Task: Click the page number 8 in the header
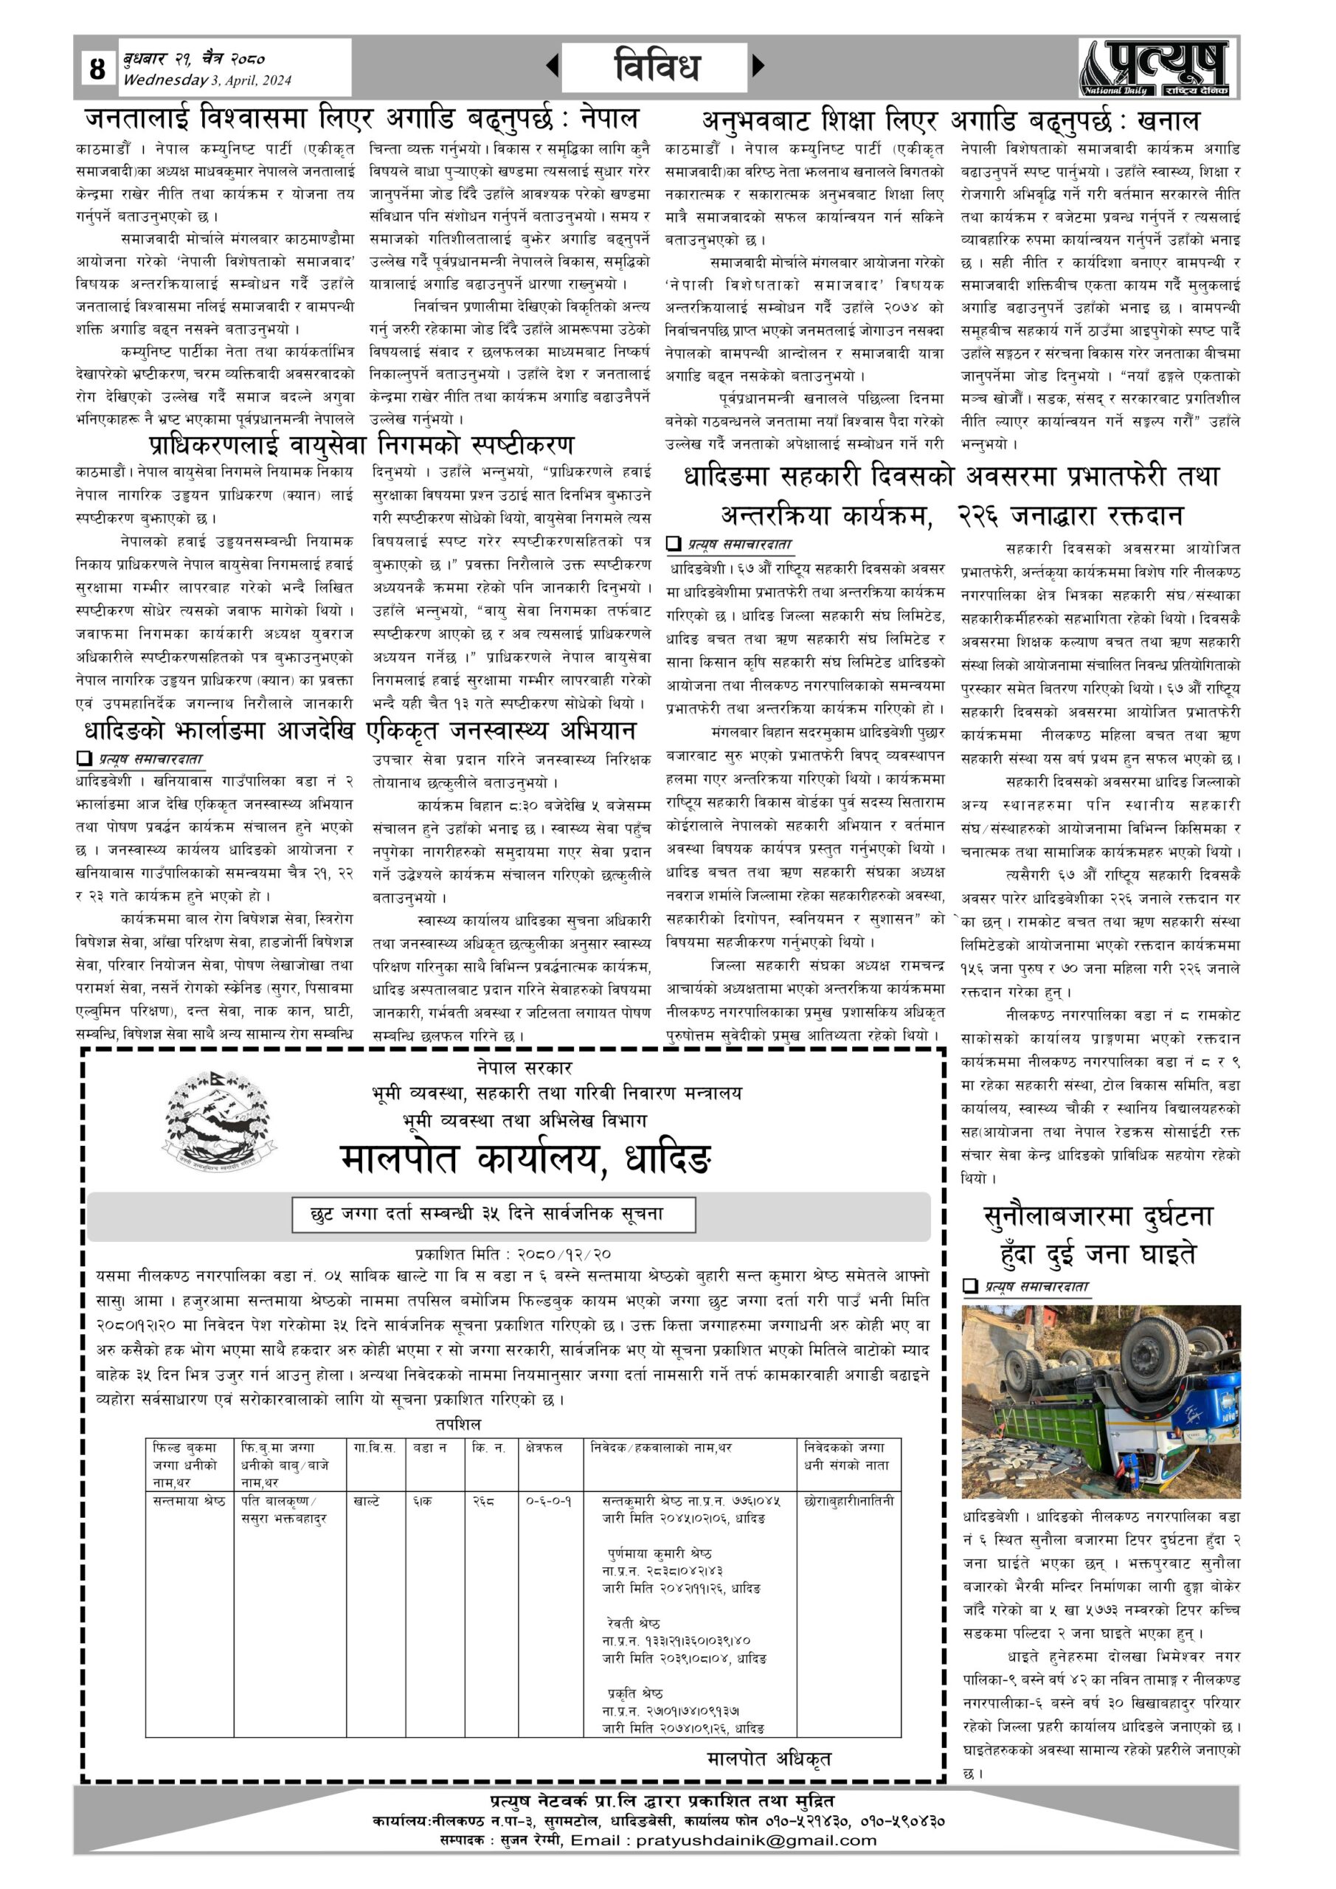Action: point(98,67)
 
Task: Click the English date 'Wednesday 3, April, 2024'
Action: point(207,80)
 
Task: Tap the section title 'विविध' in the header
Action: point(656,66)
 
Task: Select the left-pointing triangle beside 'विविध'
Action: point(552,65)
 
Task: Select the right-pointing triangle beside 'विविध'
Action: point(758,65)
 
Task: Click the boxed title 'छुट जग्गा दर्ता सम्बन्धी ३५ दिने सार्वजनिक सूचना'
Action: point(494,1215)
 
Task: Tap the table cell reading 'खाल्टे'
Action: point(366,1501)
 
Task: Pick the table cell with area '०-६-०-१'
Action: point(549,1501)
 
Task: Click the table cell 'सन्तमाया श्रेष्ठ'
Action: point(189,1501)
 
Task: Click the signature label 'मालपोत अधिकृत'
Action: point(769,1758)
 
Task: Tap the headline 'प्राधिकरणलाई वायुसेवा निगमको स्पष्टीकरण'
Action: point(362,445)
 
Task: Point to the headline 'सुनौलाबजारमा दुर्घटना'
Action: point(1098,1216)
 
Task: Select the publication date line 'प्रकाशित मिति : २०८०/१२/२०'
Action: point(513,1254)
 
